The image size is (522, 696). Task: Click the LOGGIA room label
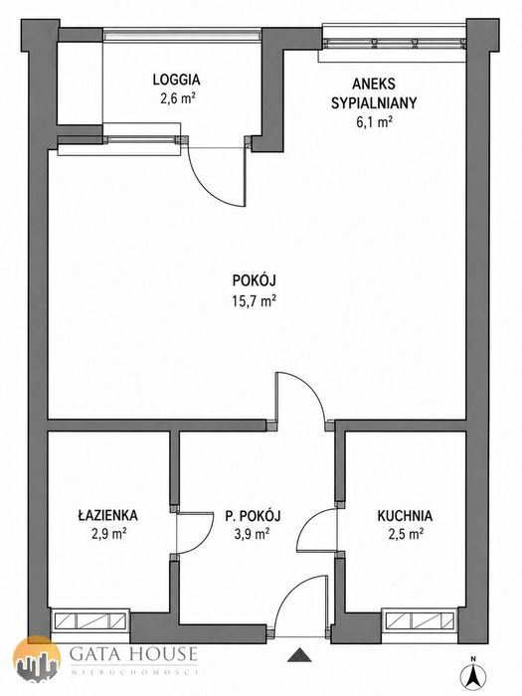176,80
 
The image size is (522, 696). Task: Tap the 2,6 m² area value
178,98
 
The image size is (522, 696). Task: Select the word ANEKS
374,84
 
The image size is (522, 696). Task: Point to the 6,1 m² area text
374,121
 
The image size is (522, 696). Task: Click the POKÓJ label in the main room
255,280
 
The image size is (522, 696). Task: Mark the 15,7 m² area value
255,301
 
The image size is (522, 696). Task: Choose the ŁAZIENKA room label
107,515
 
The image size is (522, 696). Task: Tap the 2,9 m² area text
109,533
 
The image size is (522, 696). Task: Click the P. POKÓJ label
253,516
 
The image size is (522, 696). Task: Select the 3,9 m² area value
253,533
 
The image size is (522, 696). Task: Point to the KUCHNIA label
405,516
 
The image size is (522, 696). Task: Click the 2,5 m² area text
406,533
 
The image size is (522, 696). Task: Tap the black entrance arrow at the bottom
300,654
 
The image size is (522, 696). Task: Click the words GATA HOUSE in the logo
133,654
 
